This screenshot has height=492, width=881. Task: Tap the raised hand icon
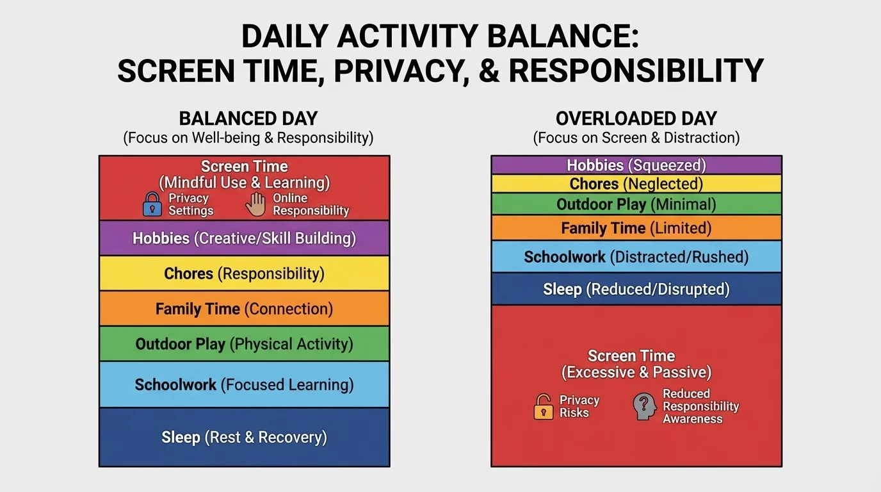tap(255, 204)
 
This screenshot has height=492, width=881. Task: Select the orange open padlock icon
tap(543, 407)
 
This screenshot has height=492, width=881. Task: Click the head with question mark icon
tap(645, 407)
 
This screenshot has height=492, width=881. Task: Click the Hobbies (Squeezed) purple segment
tap(636, 165)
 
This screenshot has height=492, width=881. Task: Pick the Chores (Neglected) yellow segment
tap(636, 184)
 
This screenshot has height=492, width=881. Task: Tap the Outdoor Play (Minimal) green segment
tap(636, 204)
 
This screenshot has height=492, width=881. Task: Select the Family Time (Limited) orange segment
tap(636, 228)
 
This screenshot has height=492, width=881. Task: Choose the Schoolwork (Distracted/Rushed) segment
tap(636, 257)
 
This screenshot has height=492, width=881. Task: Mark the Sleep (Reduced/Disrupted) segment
tap(636, 289)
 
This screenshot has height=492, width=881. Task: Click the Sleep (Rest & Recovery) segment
tap(244, 438)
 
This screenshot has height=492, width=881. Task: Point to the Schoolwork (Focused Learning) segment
tap(244, 384)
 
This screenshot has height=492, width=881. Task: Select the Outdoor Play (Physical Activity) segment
tap(244, 344)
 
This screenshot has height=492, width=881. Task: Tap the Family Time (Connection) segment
tap(244, 309)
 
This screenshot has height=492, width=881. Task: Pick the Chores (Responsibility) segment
tap(244, 274)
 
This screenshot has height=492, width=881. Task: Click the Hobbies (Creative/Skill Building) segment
tap(244, 238)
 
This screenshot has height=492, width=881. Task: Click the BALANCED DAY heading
tap(248, 119)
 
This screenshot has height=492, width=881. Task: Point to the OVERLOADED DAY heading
tap(636, 119)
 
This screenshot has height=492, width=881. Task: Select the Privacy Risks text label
tap(579, 406)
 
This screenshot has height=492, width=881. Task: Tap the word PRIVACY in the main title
tap(398, 70)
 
